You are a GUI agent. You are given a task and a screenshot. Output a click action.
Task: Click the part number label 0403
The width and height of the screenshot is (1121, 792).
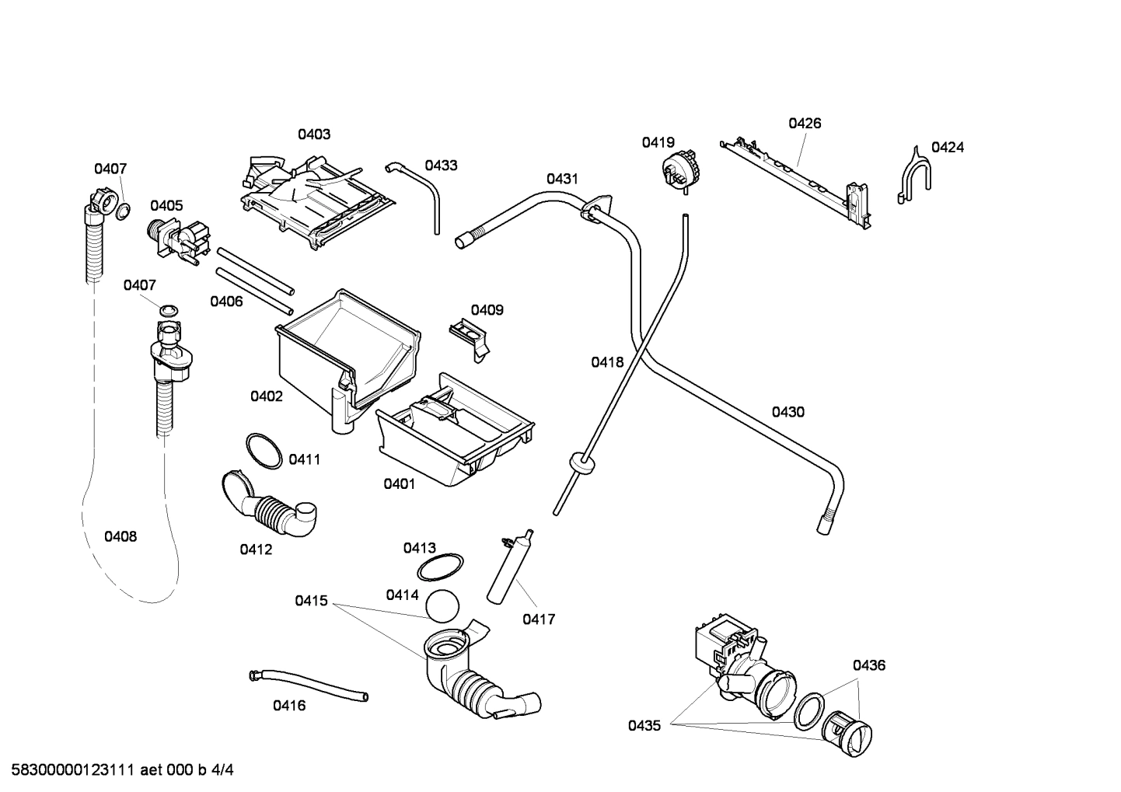click(x=314, y=134)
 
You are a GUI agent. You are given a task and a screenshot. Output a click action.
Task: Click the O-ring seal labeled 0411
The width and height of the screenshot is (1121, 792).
click(x=264, y=452)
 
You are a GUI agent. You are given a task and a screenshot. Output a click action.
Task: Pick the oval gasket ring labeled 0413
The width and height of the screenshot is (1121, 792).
click(x=441, y=568)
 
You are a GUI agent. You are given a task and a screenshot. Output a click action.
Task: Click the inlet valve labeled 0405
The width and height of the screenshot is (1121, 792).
click(x=180, y=237)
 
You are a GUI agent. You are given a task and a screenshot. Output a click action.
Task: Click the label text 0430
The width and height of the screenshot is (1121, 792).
click(x=787, y=412)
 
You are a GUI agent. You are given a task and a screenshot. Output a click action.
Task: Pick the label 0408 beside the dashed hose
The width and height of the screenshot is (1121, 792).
click(x=120, y=536)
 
